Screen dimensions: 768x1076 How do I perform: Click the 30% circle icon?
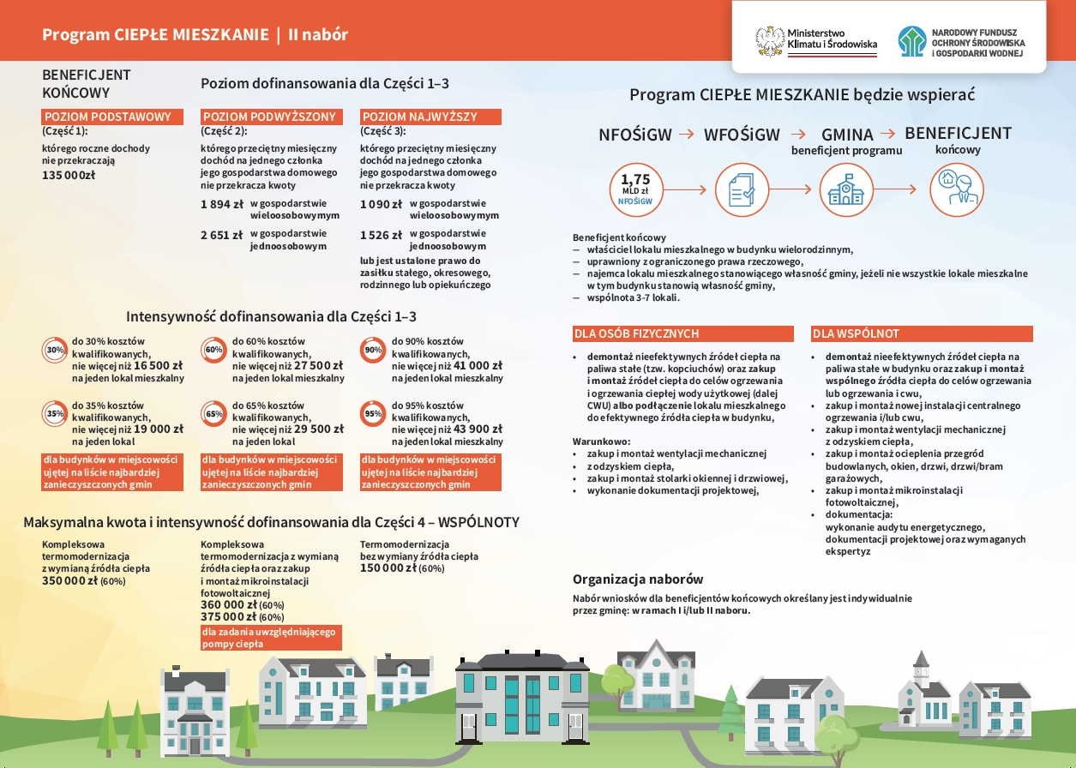click(55, 350)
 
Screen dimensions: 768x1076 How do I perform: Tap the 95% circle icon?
click(373, 413)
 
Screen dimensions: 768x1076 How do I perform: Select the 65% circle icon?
click(214, 413)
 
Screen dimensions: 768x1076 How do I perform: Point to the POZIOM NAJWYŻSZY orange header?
click(431, 117)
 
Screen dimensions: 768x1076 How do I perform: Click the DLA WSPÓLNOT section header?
click(922, 333)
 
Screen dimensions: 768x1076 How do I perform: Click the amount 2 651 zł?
click(221, 236)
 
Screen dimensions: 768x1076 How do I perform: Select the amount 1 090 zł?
click(381, 205)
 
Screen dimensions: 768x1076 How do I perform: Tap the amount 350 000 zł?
click(70, 581)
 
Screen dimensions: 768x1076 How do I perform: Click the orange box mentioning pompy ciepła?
click(270, 638)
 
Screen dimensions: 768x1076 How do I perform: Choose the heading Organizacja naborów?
click(638, 579)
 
